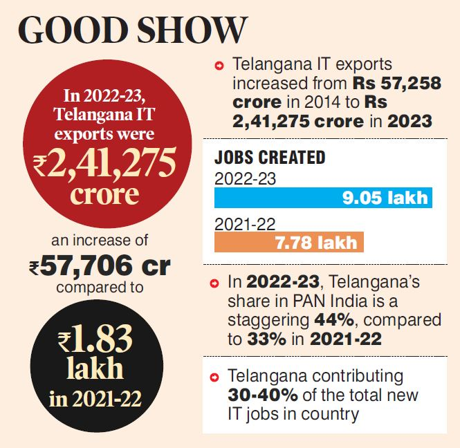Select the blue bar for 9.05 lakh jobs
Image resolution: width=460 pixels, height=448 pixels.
coord(322,198)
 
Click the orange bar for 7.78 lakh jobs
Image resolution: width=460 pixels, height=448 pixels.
coord(288,242)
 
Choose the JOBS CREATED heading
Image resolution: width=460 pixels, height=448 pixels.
coord(270,157)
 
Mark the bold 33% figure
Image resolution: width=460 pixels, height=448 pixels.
coord(263,339)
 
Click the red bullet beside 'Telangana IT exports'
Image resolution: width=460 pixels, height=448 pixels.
coord(219,66)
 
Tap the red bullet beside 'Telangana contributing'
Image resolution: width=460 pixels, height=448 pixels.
coord(219,377)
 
